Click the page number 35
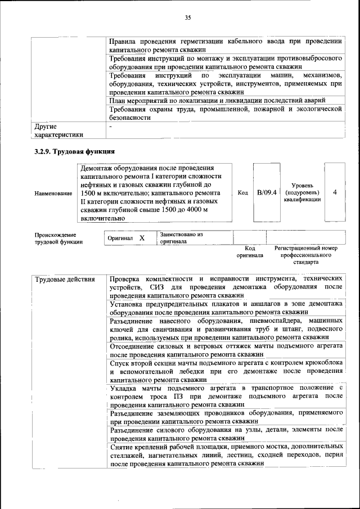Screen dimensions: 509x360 pos(188,18)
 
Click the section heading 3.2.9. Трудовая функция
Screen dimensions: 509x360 pos(75,152)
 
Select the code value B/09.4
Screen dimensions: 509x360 pos(267,192)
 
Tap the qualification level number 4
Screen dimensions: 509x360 pos(335,192)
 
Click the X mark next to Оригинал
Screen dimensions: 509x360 pos(142,238)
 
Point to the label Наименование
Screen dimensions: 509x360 pos(53,193)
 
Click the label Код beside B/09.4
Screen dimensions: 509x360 pos(243,192)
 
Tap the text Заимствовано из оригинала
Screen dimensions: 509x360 pos(181,237)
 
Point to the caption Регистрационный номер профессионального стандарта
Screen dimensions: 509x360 pos(305,255)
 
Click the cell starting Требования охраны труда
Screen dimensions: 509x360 pos(226,113)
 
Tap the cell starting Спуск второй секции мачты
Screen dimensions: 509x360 pos(226,372)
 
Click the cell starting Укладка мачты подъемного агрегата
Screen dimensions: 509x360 pos(226,396)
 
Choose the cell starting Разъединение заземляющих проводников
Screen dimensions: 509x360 pos(226,416)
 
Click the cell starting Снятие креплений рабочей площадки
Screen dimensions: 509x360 pos(226,455)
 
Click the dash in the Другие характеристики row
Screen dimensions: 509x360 pos(111,127)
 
